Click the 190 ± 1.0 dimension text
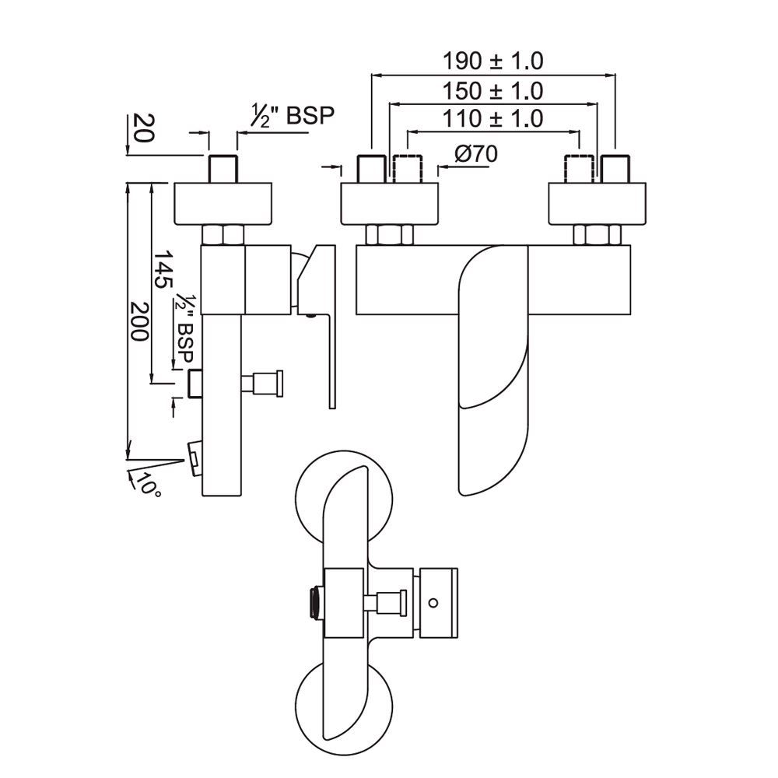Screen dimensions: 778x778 click(x=492, y=61)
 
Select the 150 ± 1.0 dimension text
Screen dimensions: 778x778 click(x=492, y=90)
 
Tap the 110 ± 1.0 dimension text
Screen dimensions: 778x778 click(x=492, y=119)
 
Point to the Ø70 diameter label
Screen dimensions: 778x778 click(x=473, y=154)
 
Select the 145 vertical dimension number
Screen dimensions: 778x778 click(x=161, y=269)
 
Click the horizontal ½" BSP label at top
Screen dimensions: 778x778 click(x=291, y=117)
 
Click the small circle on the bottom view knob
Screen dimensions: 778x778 click(x=433, y=602)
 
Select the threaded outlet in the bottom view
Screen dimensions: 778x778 click(x=314, y=602)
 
